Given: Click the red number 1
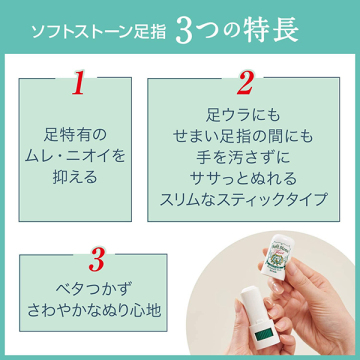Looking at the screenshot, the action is click(79, 82).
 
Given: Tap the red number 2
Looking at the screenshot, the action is click(245, 82).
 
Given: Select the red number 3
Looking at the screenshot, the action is click(97, 258).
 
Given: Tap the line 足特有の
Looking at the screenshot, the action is click(75, 136).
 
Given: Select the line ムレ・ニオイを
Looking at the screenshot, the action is click(75, 157).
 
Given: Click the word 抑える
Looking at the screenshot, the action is click(75, 177).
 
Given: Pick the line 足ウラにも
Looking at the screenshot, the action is click(243, 115).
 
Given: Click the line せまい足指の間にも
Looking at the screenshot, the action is click(243, 136).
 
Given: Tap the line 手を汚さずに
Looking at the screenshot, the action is click(243, 157).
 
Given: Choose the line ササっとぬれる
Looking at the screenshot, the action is click(243, 178).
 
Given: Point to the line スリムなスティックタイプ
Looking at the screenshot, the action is click(243, 199).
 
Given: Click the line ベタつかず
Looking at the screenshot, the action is click(91, 289).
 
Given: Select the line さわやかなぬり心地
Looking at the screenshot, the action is click(95, 310).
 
